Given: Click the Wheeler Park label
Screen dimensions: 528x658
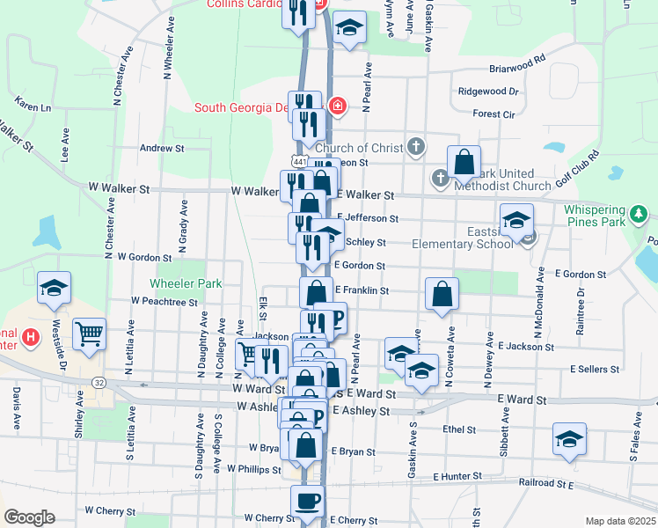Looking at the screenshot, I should pos(186,283).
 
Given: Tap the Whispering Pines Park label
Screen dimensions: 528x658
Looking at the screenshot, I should pos(595,228).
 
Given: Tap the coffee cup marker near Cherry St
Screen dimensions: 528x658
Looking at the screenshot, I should pos(307,502).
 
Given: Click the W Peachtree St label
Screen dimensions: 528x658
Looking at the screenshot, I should pos(164,301).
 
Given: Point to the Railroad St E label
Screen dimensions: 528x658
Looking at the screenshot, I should pos(549,484).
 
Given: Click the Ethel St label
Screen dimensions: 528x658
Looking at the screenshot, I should pos(459,430).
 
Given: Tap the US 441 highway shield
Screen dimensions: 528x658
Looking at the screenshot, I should pos(299,162).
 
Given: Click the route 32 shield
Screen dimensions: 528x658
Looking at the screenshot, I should pos(98,382).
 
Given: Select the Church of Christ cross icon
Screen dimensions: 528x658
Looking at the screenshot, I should pos(416,147).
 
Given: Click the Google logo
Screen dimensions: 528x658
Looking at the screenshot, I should pos(29,517).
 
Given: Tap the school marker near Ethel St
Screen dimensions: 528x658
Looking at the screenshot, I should pos(569,439).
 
